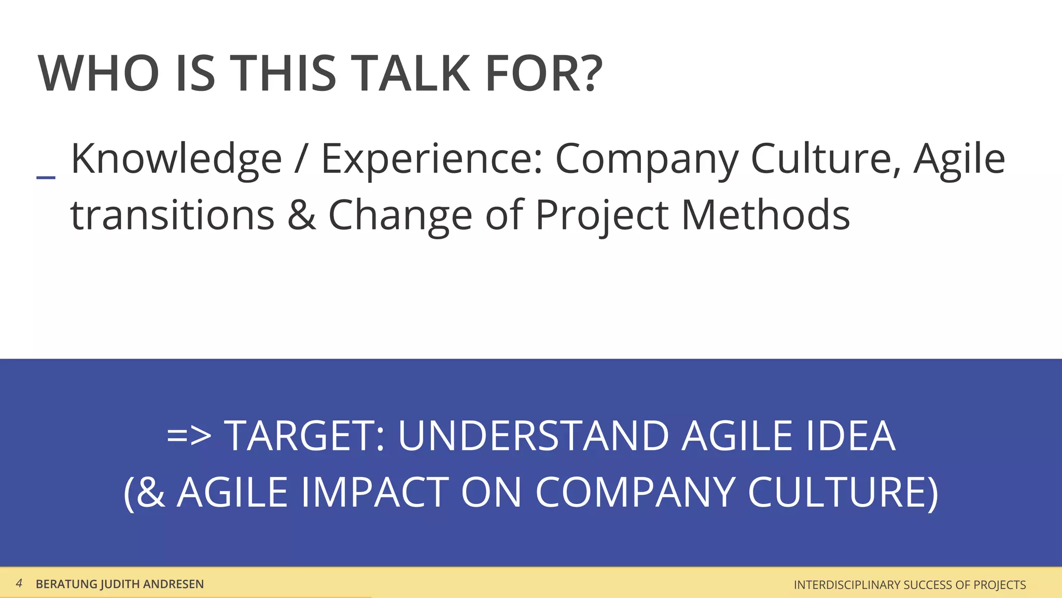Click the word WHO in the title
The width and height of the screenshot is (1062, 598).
click(x=99, y=74)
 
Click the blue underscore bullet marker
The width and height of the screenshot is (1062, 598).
click(x=46, y=178)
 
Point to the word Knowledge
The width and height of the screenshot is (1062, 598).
click(x=176, y=159)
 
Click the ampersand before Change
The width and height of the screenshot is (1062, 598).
click(x=301, y=215)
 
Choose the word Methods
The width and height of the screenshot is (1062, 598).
click(x=765, y=215)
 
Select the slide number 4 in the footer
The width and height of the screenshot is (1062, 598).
click(x=19, y=583)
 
